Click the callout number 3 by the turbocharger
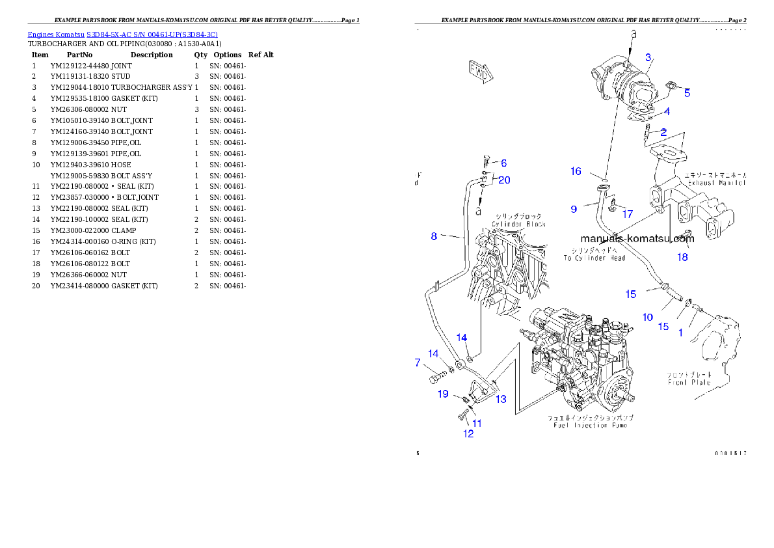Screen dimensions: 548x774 point(648,57)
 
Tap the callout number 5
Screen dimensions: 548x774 point(687,93)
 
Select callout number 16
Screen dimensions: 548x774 point(576,171)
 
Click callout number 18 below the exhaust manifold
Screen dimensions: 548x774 point(682,257)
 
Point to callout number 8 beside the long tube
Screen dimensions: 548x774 point(434,236)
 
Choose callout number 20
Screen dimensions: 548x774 point(504,180)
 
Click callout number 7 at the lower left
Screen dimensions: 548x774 point(418,363)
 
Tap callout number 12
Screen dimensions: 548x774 point(468,434)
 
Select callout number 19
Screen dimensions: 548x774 point(443,394)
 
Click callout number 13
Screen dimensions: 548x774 point(501,399)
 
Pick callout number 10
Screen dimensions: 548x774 point(648,317)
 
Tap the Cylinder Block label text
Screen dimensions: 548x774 point(518,220)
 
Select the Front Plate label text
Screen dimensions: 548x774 point(689,378)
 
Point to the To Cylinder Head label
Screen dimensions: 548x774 point(594,254)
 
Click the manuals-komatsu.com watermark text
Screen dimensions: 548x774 point(637,238)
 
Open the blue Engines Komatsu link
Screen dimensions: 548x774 point(122,34)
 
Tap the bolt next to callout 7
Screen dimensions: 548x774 point(436,376)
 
